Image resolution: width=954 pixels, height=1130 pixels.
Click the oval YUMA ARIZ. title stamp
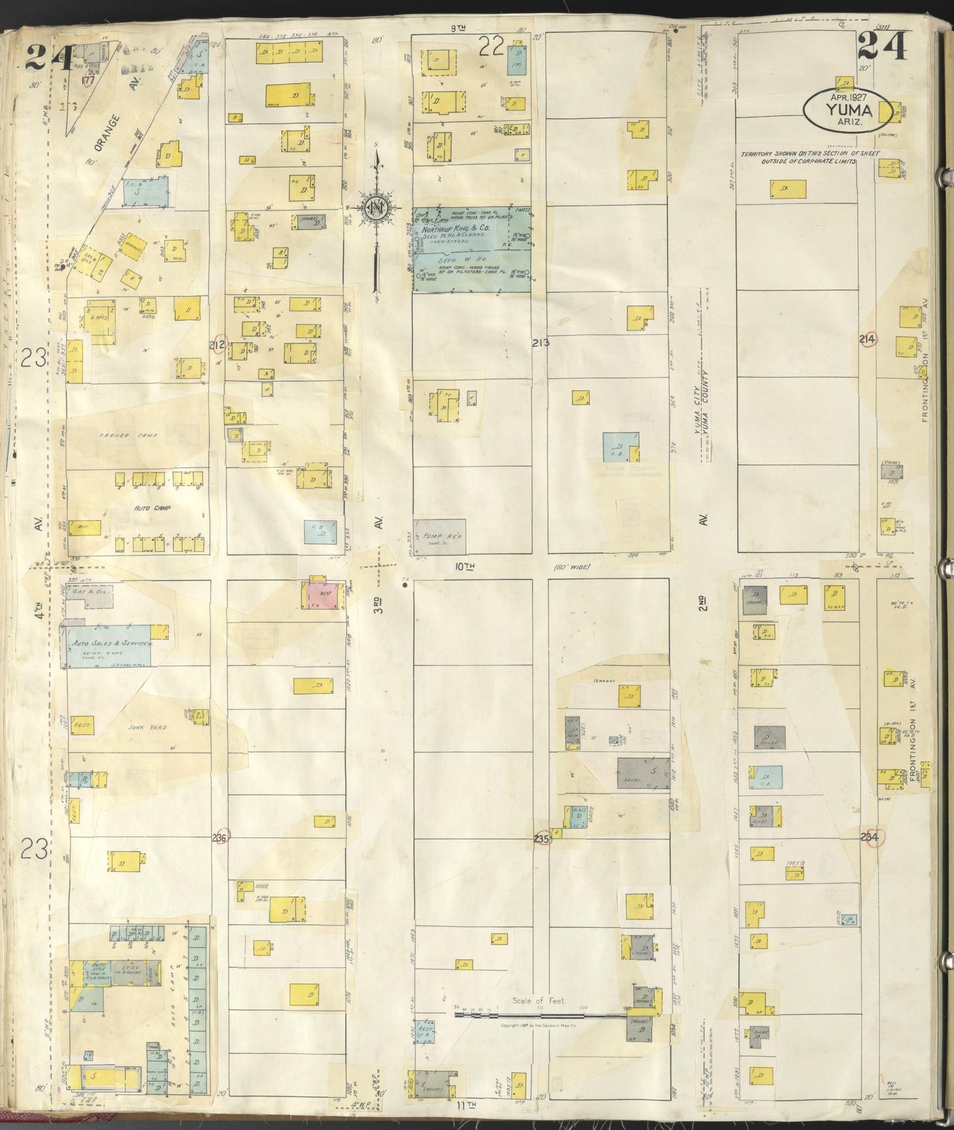tap(844, 105)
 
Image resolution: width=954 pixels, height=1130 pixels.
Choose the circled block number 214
tap(868, 339)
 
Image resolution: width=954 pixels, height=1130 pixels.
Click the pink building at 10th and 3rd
tap(323, 595)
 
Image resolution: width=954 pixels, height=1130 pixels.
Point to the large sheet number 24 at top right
tap(883, 48)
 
